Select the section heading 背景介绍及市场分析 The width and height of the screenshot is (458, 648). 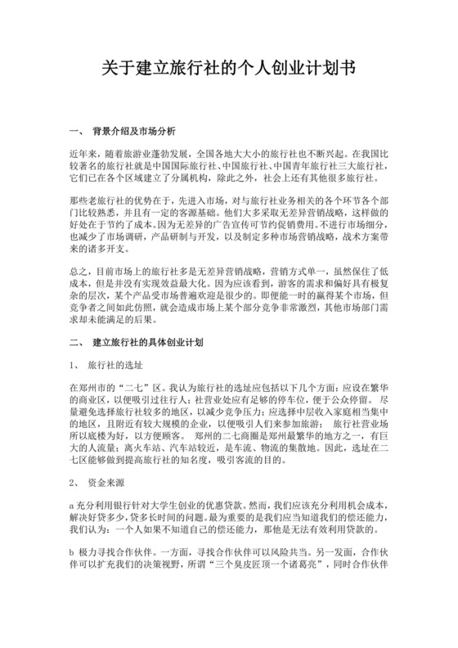click(x=142, y=130)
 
